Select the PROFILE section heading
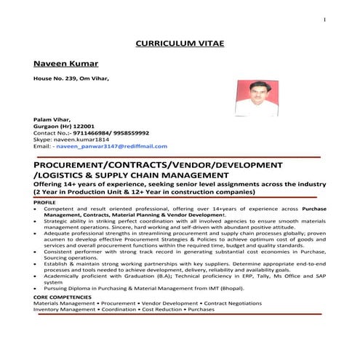[x=44, y=201]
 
